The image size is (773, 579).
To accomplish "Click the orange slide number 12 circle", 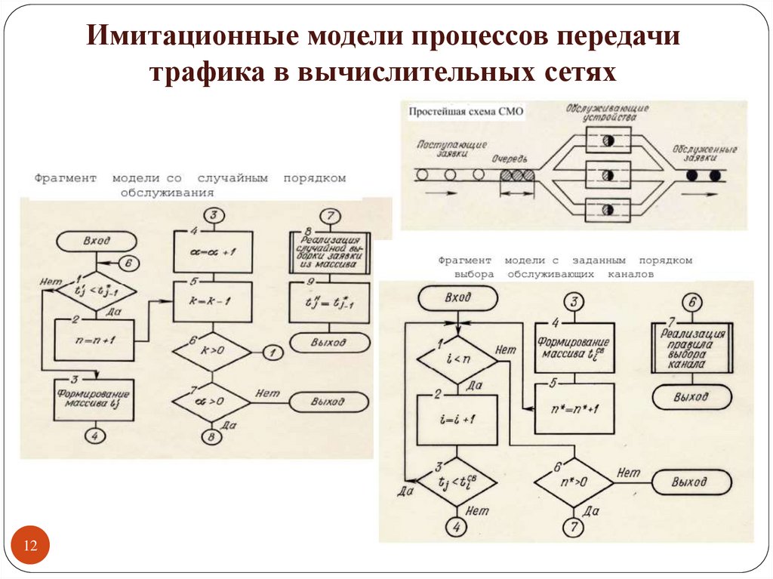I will click(32, 546).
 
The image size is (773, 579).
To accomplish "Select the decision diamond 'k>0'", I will click(212, 350).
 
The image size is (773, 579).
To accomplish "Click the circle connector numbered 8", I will click(212, 437).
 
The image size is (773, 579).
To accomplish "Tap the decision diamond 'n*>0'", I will click(573, 482).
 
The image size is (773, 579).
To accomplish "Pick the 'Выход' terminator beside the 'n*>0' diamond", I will click(691, 482).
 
